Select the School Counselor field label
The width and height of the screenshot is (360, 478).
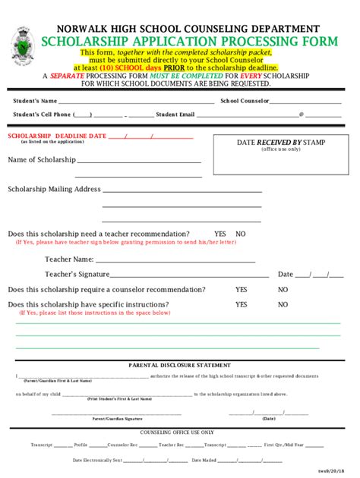(x=245, y=100)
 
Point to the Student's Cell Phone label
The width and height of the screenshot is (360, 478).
(x=42, y=115)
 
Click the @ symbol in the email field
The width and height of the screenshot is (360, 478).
(x=302, y=115)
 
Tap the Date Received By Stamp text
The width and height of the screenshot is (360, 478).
(x=280, y=142)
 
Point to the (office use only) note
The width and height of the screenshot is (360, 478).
(x=281, y=149)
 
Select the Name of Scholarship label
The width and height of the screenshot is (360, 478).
(x=42, y=160)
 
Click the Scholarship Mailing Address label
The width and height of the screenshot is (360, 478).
(x=54, y=189)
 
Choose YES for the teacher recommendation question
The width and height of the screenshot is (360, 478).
(x=220, y=234)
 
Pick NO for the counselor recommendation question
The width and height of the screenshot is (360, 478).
(x=283, y=290)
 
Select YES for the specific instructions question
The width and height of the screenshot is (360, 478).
(x=242, y=304)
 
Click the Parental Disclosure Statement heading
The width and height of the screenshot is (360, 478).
(x=179, y=364)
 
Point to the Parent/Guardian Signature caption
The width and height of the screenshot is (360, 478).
(x=117, y=419)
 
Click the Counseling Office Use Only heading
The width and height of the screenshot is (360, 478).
(x=179, y=432)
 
